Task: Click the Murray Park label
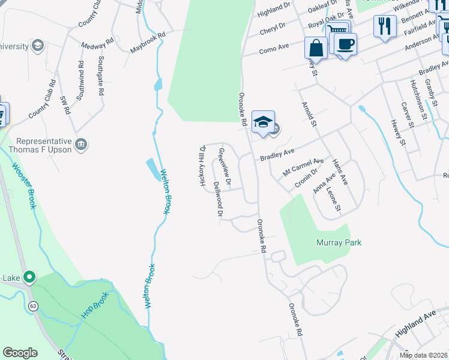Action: pos(339,242)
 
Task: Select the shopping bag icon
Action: pos(316,46)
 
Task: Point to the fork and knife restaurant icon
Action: pos(385,26)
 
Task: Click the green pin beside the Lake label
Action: pos(28,277)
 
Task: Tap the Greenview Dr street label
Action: pos(225,166)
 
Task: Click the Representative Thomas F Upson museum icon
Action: pos(80,144)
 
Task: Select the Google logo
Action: pos(20,353)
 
